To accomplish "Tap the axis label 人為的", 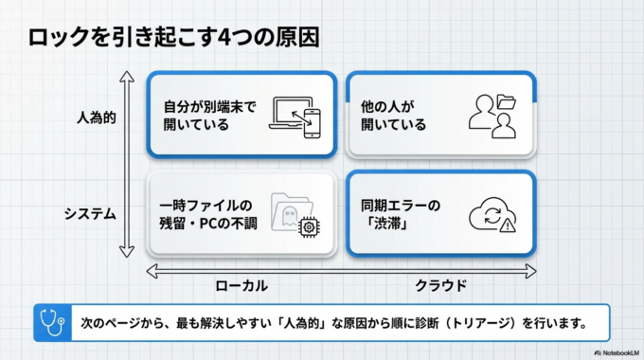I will [96, 121].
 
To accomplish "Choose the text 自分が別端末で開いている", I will [204, 116].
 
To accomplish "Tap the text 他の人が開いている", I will [394, 116].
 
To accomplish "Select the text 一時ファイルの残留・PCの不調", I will [205, 214].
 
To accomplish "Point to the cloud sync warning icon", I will [492, 215].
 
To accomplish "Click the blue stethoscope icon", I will [48, 322].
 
